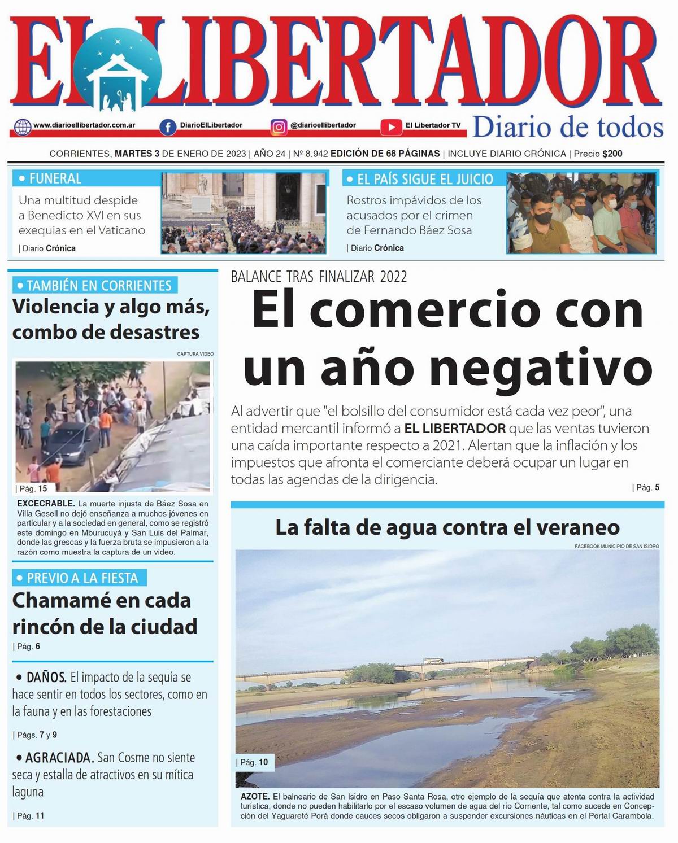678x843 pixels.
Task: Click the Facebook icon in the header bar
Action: click(x=167, y=127)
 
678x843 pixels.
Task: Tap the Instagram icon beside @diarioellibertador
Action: click(x=279, y=126)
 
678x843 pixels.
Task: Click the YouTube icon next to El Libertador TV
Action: click(x=391, y=127)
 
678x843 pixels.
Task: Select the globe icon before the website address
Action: click(x=23, y=126)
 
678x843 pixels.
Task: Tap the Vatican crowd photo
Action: click(x=244, y=213)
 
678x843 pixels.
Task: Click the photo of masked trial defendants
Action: click(x=581, y=213)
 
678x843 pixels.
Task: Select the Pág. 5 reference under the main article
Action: click(x=646, y=487)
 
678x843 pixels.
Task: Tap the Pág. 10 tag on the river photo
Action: click(x=254, y=762)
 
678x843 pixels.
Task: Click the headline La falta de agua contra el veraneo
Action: click(x=447, y=527)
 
